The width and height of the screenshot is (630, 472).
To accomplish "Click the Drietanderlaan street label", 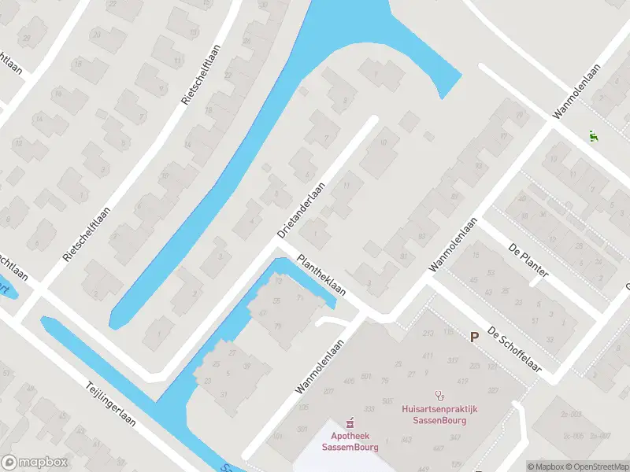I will [x=302, y=211].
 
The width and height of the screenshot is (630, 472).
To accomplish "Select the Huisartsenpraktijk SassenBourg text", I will [x=439, y=415].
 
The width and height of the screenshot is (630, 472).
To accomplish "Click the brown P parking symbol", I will [x=474, y=337].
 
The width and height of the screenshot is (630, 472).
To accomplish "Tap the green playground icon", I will [x=592, y=135].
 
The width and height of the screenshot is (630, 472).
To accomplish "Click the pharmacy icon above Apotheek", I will [x=350, y=422].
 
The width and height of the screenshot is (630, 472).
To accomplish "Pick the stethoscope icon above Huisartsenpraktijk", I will [x=439, y=393].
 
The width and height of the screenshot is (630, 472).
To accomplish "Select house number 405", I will [x=328, y=381].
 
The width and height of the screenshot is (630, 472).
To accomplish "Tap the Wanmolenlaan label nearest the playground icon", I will [x=576, y=93].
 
